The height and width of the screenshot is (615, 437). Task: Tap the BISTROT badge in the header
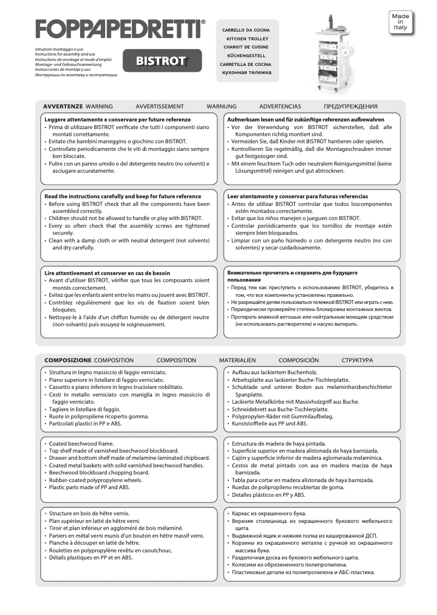click(162, 61)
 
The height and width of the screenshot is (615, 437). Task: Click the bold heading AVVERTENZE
click(63, 106)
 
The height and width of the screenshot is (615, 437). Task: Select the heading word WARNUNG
click(221, 106)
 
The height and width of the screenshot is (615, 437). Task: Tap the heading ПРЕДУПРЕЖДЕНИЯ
click(350, 106)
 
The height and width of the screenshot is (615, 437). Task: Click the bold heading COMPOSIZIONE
click(68, 360)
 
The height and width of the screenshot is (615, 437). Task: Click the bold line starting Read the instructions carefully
click(123, 196)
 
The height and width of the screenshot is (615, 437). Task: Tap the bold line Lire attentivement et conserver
click(107, 273)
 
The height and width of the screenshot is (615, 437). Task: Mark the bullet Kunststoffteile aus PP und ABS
click(269, 423)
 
